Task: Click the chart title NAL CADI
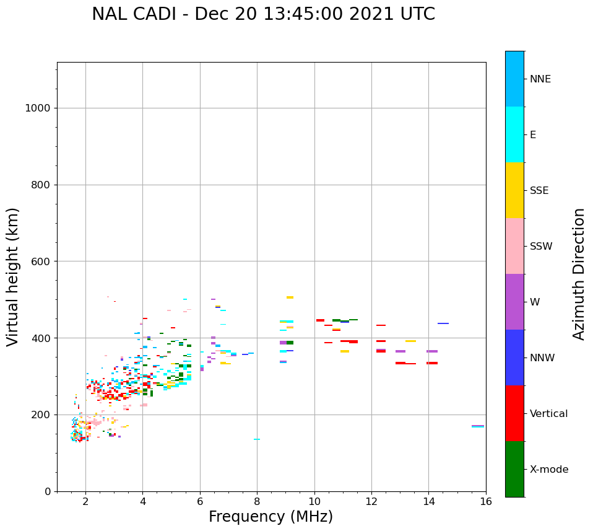[x=263, y=14]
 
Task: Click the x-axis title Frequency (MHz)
[x=271, y=517]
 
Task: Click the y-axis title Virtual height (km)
[x=13, y=277]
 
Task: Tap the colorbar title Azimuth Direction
[x=579, y=274]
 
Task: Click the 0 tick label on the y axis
[x=47, y=491]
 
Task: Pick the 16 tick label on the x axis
[x=486, y=502]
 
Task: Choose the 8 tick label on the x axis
[x=257, y=502]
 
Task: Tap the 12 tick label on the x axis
[x=371, y=502]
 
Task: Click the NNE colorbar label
[x=540, y=79]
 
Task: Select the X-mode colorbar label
[x=549, y=470]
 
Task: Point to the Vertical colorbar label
[x=549, y=414]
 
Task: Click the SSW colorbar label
[x=541, y=247]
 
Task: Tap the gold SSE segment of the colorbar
[x=514, y=190]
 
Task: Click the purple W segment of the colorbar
[x=514, y=302]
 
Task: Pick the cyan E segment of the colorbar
[x=514, y=134]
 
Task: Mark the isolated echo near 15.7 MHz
[x=477, y=426]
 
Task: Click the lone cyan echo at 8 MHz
[x=256, y=439]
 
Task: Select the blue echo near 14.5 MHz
[x=443, y=323]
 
